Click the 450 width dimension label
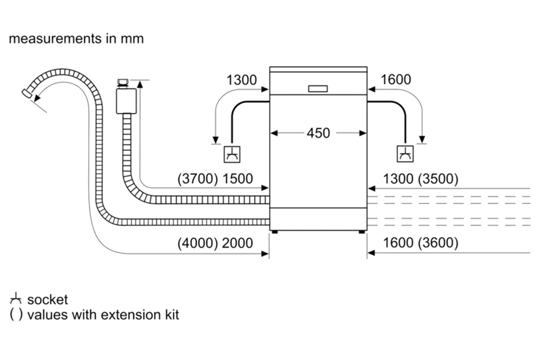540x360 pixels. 318,133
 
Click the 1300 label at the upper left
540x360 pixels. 242,80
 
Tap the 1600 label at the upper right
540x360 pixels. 396,79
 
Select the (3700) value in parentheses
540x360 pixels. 198,179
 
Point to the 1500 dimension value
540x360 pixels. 238,179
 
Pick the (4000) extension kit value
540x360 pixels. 198,243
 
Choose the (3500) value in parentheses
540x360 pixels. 438,179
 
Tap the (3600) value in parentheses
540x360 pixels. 438,243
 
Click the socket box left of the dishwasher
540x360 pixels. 232,154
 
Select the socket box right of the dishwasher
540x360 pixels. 405,154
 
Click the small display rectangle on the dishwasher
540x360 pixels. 318,89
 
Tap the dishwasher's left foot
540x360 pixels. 275,232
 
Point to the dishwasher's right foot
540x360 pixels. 361,232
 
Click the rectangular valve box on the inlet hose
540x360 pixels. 126,101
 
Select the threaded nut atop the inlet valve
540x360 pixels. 123,82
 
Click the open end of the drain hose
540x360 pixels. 27,94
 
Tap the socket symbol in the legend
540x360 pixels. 16,298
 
